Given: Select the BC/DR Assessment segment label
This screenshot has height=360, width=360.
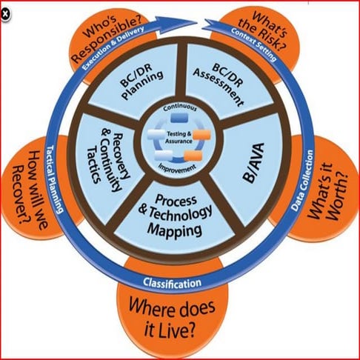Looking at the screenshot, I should point(217,81).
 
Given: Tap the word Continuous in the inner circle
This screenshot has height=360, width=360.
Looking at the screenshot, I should point(179,110).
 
